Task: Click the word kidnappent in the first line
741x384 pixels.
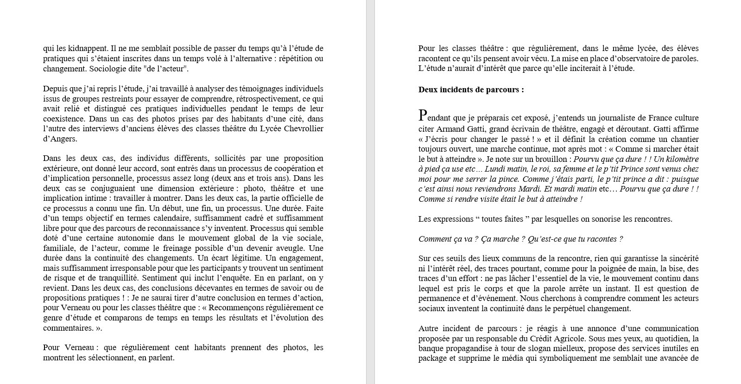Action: click(88, 48)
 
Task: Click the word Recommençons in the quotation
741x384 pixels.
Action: click(245, 307)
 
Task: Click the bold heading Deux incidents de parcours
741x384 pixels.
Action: click(471, 90)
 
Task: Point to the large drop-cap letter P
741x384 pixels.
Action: click(422, 115)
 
